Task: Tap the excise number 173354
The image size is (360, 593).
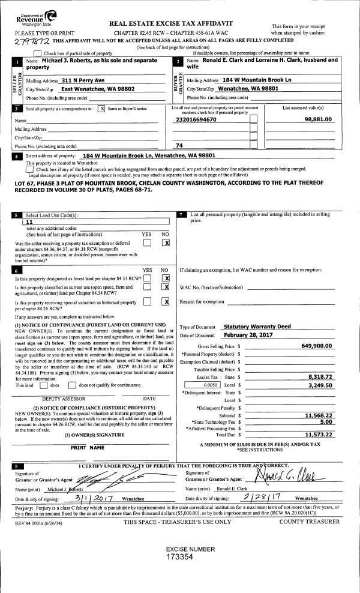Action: click(x=180, y=557)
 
